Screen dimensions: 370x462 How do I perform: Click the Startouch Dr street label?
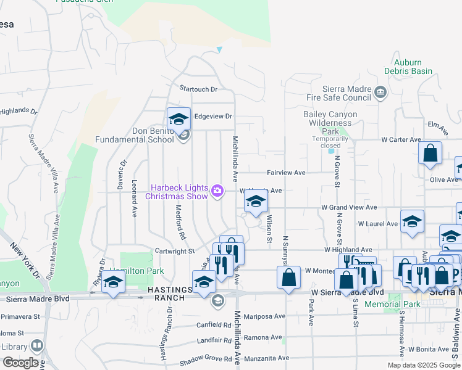click(198, 89)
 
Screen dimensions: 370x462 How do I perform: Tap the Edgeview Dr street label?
click(212, 116)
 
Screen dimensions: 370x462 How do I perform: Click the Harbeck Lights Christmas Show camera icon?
click(217, 191)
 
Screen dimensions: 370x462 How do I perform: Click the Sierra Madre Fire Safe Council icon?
click(380, 93)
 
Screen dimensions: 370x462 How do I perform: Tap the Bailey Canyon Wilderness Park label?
click(330, 123)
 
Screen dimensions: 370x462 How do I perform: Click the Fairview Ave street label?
click(286, 173)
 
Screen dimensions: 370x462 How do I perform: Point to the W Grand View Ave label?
click(348, 208)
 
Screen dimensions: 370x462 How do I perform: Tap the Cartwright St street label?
click(175, 251)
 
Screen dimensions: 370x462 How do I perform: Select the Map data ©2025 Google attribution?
click(424, 365)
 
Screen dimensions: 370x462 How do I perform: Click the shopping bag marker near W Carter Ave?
click(430, 154)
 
